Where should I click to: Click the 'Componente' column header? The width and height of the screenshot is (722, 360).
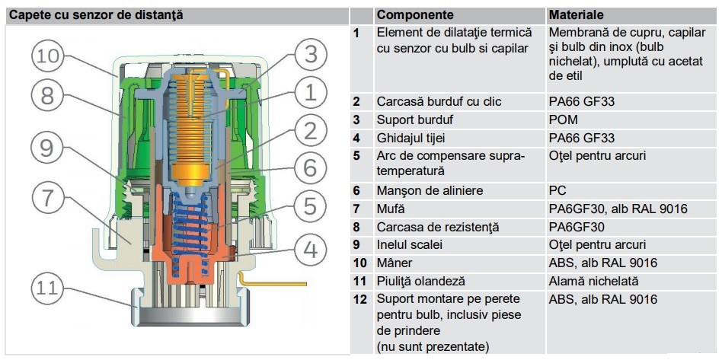(x=415, y=14)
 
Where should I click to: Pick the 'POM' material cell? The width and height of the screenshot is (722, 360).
(x=563, y=119)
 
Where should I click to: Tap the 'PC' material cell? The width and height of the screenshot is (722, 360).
(x=557, y=190)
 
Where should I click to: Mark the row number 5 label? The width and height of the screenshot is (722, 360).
(x=356, y=156)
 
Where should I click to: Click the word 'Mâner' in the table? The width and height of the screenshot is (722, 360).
(x=395, y=263)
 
